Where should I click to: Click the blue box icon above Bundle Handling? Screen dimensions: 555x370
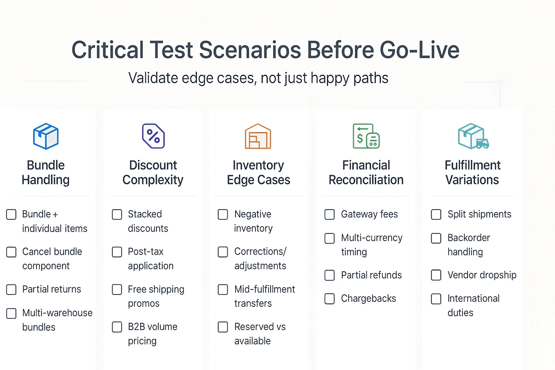[46, 136]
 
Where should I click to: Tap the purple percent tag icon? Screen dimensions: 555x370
[153, 136]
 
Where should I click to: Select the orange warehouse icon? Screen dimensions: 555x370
[258, 136]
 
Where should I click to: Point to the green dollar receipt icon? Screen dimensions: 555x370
[366, 136]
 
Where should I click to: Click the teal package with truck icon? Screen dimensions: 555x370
[473, 136]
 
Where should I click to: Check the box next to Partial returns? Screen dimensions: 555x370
[12, 289]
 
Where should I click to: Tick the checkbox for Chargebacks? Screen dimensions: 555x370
[330, 299]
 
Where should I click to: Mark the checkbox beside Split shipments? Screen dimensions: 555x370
[436, 214]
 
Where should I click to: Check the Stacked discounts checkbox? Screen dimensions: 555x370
[117, 214]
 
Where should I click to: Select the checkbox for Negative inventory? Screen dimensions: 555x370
[223, 214]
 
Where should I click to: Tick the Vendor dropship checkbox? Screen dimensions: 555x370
[436, 275]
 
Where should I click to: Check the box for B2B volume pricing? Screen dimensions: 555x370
[117, 327]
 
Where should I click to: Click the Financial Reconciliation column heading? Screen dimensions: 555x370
[366, 173]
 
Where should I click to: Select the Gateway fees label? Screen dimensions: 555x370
[369, 214]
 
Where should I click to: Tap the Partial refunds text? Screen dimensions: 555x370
[371, 275]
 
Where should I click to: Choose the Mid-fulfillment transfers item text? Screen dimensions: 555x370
[265, 296]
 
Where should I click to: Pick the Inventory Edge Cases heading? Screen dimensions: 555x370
[258, 173]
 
